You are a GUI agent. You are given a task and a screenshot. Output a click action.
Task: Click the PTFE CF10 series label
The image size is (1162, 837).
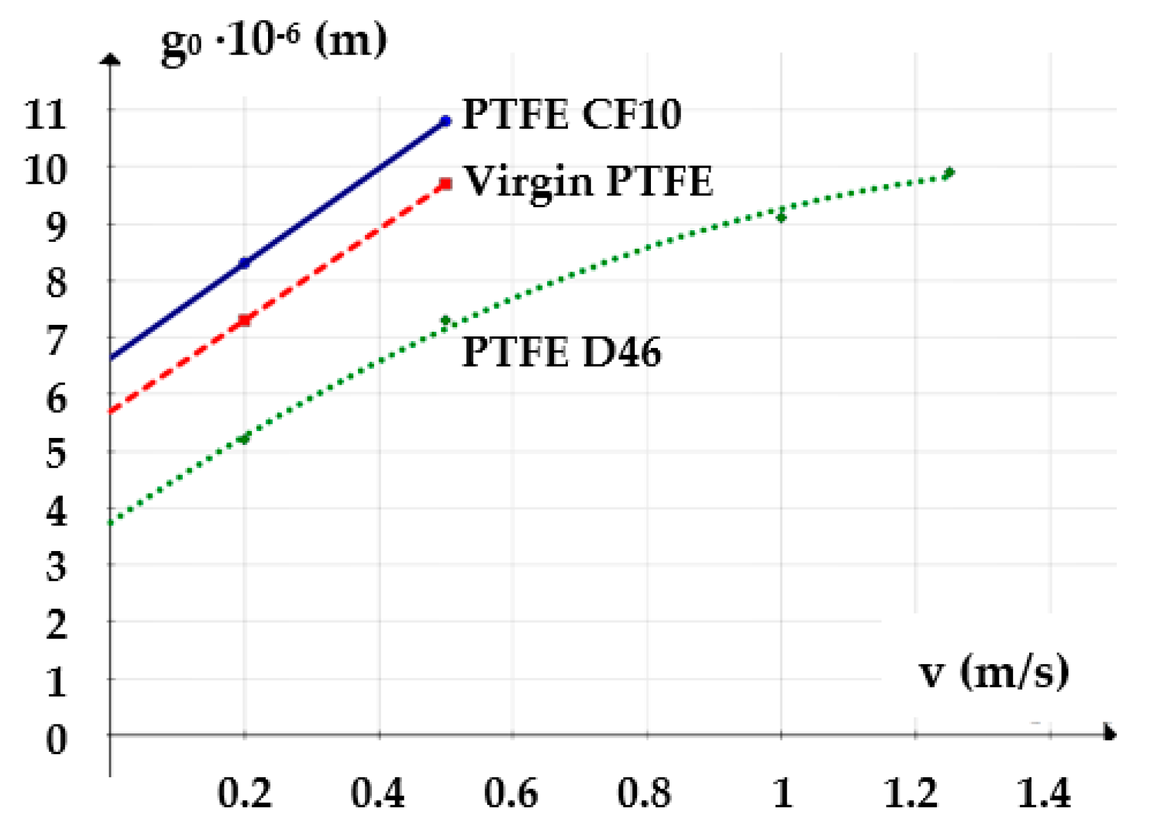coord(571,114)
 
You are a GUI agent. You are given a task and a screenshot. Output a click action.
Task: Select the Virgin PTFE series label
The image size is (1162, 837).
coord(588,182)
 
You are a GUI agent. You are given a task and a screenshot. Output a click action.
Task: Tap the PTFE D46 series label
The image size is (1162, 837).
coord(561,352)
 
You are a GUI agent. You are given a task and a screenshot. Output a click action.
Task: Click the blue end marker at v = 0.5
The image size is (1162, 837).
coord(446,121)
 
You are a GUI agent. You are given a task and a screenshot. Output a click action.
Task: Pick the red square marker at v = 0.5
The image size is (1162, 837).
coord(446,184)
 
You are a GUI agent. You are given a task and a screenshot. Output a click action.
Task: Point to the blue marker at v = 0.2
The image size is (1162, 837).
coord(245,263)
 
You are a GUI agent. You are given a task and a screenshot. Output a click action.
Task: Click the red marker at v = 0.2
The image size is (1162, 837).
coord(245,320)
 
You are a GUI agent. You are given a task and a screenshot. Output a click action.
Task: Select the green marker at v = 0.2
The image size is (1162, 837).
coord(245,438)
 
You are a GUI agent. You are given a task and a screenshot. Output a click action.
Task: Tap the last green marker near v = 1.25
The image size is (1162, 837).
coord(949,173)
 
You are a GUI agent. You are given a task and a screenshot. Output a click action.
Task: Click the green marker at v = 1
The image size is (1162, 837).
coord(781,217)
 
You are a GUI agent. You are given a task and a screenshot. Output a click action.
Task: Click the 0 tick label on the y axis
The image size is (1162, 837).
coord(56,740)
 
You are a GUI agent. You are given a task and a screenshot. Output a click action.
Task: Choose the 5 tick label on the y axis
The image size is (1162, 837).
coord(56,454)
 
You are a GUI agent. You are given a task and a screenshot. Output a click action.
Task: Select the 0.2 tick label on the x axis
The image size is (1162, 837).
coord(244,793)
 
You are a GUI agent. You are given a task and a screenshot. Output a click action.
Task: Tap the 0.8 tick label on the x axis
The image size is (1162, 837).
coord(644,793)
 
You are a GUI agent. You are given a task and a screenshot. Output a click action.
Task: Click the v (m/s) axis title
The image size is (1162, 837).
coord(994,672)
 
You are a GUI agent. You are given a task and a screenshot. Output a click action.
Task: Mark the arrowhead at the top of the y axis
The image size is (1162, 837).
coord(110,59)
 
